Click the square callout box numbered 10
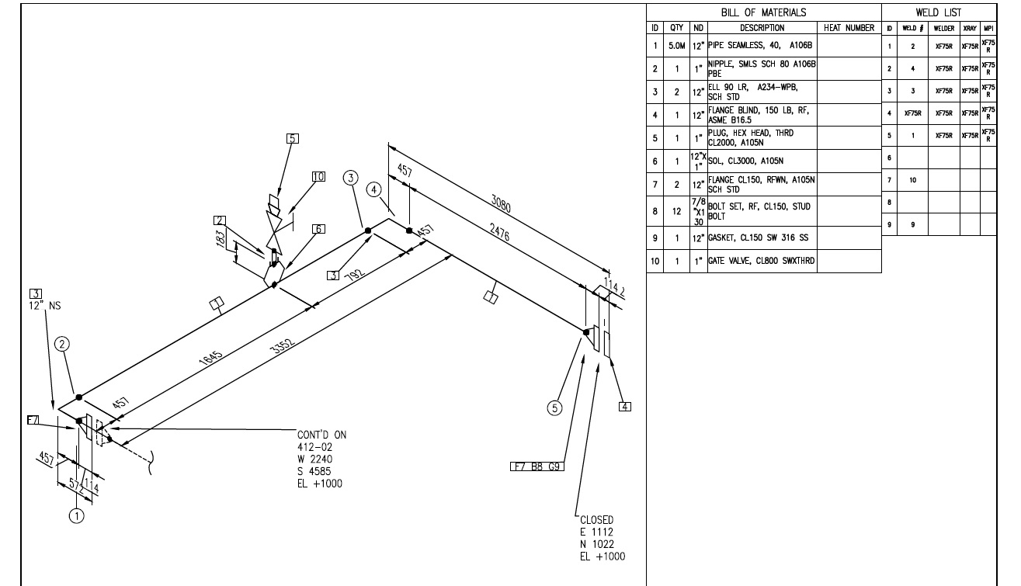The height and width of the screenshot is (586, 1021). pos(318,176)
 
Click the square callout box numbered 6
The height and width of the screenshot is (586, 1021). pos(318,228)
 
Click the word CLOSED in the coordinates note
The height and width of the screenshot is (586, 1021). pos(596,520)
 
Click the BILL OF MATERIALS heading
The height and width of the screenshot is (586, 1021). pos(763,12)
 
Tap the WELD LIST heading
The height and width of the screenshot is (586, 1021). pos(938,12)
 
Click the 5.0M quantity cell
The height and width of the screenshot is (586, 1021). pos(675,46)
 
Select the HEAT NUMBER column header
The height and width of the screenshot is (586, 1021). pos(849,27)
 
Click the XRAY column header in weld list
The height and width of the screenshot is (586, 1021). pos(970,28)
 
